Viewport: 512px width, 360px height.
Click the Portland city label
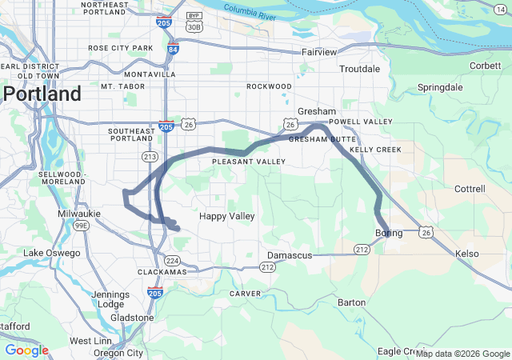[42, 94]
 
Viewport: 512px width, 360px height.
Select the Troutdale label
[359, 70]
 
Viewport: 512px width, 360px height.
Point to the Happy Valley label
[226, 216]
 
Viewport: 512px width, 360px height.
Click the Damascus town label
[287, 255]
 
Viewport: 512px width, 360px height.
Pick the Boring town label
[389, 233]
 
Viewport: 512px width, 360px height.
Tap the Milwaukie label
[79, 214]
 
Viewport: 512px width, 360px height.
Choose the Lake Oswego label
[52, 253]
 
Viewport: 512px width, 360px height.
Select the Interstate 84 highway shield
[173, 50]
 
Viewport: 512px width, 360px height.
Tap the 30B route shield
[193, 26]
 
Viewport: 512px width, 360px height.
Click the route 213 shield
[150, 157]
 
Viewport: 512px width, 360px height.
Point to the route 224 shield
[172, 260]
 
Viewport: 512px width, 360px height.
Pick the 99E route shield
[81, 226]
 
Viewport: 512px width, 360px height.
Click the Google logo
[26, 350]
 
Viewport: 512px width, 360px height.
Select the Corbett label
[486, 66]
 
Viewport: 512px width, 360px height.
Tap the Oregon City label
[118, 353]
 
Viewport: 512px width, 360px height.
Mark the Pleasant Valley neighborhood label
[249, 162]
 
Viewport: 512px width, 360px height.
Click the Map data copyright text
[462, 354]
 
